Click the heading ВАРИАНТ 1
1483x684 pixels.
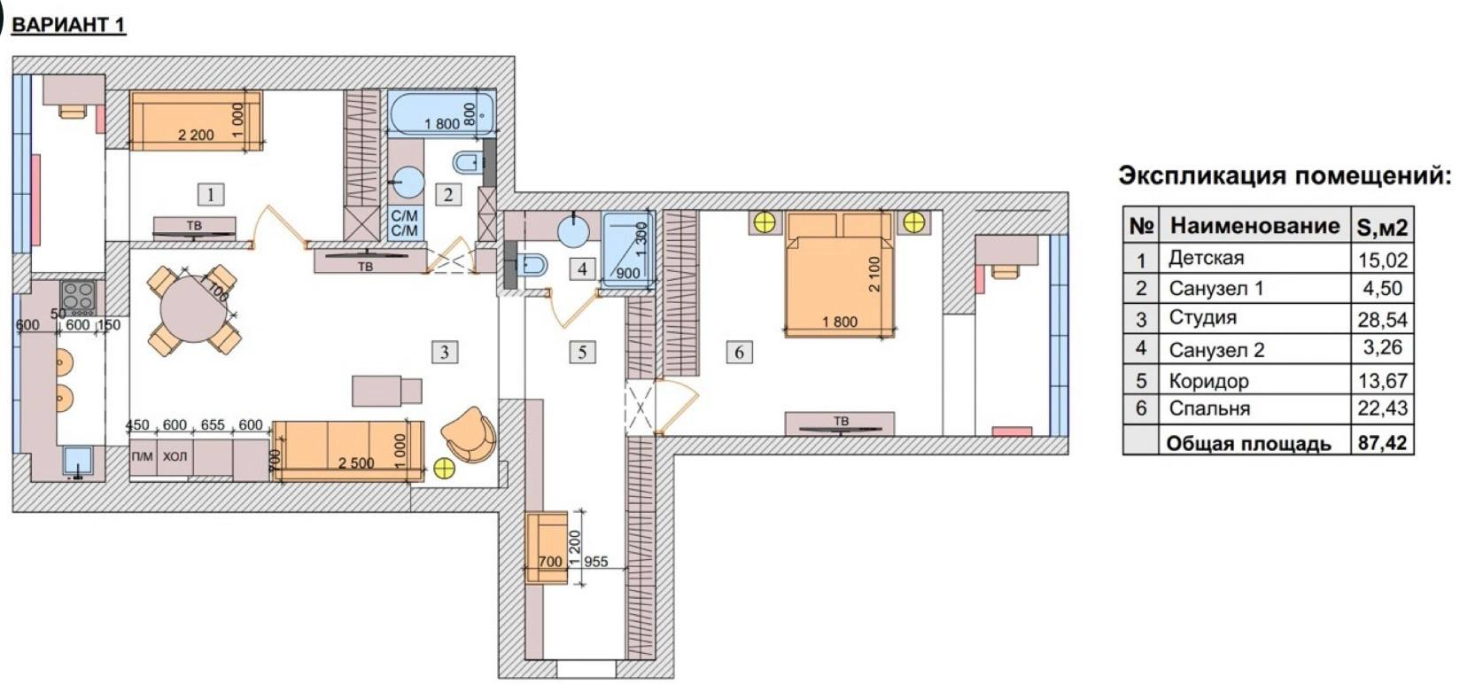pos(69,25)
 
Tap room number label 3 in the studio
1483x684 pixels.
pos(444,352)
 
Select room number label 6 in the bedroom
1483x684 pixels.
pos(739,352)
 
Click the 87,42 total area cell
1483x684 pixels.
pos(1382,442)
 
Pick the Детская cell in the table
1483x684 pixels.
pos(1207,258)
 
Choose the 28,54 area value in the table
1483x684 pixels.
pos(1382,320)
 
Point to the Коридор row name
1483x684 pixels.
pos(1209,381)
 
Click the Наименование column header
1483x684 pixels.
pos(1254,226)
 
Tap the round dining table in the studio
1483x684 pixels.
pos(193,309)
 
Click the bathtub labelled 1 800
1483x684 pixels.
pos(441,114)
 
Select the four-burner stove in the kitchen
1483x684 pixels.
pos(78,299)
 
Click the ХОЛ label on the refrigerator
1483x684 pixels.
pos(175,456)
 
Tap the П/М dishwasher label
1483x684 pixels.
pos(142,456)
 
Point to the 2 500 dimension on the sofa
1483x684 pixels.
pos(356,462)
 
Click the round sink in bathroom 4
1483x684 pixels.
pos(573,231)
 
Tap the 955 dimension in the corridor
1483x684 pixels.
pos(596,562)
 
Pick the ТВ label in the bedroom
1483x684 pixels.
pos(841,421)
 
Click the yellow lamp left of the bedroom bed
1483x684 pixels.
pos(765,223)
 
